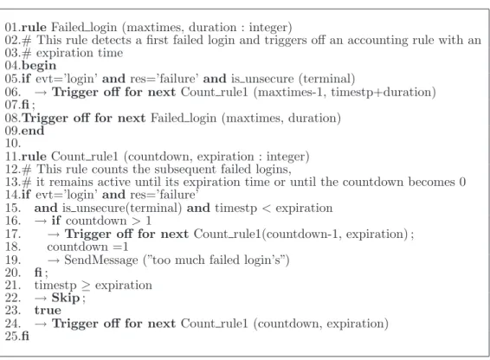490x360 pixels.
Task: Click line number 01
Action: [12, 27]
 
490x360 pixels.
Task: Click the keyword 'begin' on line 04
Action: [39, 66]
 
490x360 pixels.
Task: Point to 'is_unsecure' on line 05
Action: [262, 79]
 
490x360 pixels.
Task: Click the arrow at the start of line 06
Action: [41, 93]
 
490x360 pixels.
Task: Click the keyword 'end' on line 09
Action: [33, 131]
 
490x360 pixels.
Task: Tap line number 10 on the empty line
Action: [12, 144]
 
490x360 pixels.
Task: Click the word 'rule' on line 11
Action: [34, 157]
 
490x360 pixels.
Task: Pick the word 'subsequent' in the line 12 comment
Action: [185, 170]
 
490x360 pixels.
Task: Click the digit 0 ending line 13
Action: [462, 183]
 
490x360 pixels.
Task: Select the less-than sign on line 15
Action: [267, 209]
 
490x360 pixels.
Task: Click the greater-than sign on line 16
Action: [136, 222]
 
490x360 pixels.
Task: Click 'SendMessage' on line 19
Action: [101, 260]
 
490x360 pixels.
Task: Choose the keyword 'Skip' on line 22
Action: [66, 298]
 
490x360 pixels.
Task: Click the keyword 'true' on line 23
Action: [48, 311]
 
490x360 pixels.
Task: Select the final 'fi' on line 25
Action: [25, 336]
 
